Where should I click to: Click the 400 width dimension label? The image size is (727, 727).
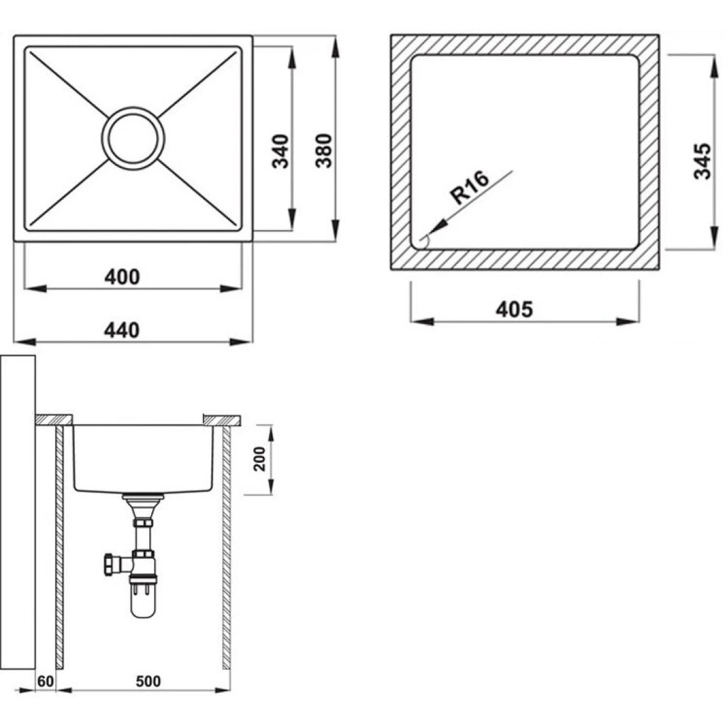tap(122, 277)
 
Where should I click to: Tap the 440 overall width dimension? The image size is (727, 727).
tap(121, 331)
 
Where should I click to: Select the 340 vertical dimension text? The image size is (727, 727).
tap(280, 151)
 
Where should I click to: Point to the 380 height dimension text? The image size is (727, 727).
tap(324, 151)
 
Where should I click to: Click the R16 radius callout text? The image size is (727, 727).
tap(470, 187)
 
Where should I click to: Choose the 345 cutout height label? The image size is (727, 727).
tap(702, 161)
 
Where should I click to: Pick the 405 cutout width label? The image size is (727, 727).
tap(514, 310)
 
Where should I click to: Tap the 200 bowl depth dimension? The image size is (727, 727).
tap(260, 459)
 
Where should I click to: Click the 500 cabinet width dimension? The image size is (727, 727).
tap(148, 681)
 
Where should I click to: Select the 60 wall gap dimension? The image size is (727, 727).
tap(45, 681)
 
